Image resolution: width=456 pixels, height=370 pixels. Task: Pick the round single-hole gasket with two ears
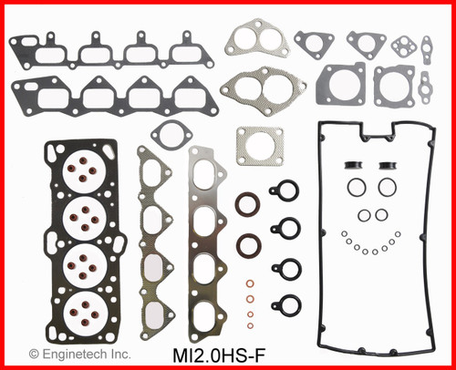171,134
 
